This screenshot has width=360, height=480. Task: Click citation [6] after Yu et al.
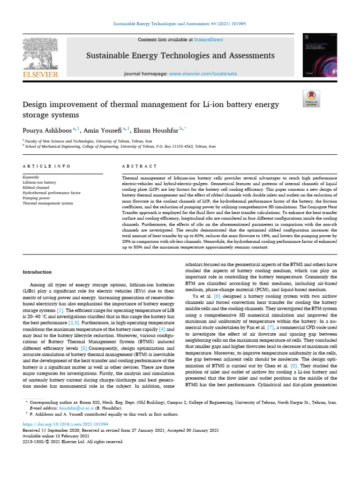click(x=217, y=297)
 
